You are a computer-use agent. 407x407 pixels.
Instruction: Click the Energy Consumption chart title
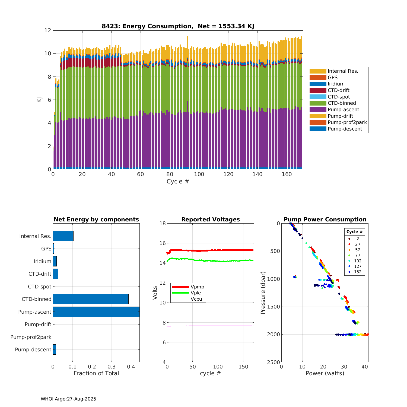pos(178,26)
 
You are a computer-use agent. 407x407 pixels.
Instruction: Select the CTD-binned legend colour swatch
pos(318,103)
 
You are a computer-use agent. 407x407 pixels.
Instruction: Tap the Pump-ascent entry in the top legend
pos(343,110)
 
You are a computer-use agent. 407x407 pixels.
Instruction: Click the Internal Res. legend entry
pos(343,71)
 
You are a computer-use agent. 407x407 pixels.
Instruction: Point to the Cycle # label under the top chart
pos(178,182)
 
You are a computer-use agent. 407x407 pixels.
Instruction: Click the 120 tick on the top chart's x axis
pos(228,174)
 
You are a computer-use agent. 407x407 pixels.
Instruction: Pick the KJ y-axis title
pos(39,100)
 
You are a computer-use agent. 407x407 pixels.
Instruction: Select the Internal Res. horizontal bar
pos(63,236)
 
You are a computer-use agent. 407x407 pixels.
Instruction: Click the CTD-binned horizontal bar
pos(91,299)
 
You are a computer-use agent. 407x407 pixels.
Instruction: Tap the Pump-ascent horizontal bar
pos(96,312)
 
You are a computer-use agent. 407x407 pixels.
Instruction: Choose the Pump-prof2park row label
pos(31,337)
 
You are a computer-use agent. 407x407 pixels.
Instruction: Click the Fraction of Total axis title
pos(96,373)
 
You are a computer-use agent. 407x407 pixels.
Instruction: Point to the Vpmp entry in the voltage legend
pos(197,287)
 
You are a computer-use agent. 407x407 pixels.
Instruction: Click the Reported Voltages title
pos(211,220)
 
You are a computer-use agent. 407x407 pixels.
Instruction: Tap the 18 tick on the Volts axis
pos(163,223)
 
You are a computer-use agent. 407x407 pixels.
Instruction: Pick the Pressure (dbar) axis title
pos(262,293)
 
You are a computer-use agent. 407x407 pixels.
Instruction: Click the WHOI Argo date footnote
pos(68,399)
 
